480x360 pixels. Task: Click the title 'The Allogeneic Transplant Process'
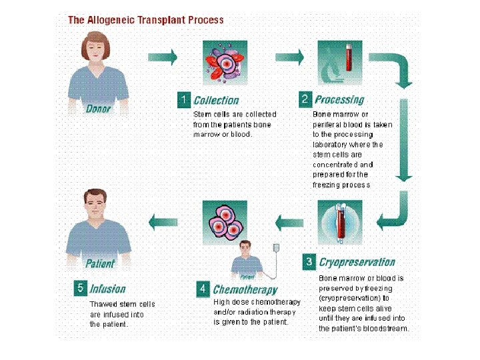point(146,19)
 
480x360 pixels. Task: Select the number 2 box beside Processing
point(305,99)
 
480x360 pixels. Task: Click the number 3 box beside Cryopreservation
point(309,261)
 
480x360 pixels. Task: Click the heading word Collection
point(215,101)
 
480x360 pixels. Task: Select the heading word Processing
point(339,100)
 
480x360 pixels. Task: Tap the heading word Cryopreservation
point(357,262)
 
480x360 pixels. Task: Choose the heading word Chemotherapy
point(245,290)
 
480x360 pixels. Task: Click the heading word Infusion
point(107,289)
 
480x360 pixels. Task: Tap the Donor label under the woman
point(99,108)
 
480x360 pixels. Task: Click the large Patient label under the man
point(100,263)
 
